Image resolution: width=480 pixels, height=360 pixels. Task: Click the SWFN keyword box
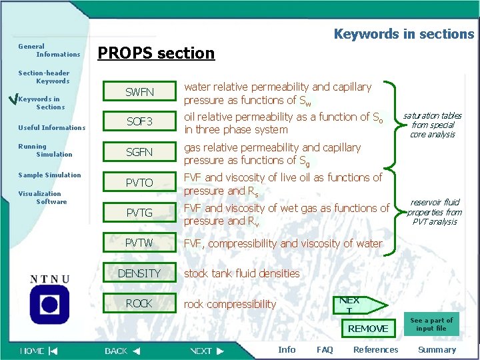[139, 91]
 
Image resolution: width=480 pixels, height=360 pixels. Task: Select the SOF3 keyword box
[139, 121]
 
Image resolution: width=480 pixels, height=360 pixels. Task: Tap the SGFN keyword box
[139, 152]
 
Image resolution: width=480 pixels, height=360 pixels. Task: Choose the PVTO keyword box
[139, 183]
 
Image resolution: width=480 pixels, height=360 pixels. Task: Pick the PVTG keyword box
[139, 213]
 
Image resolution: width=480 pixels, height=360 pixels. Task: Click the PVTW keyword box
[139, 243]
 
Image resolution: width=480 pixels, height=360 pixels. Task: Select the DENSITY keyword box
[139, 273]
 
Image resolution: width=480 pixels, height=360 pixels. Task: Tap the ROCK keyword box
[139, 303]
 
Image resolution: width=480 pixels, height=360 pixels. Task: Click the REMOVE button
[368, 328]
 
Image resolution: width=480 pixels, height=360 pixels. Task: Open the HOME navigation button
[39, 351]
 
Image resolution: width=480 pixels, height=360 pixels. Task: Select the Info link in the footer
[287, 349]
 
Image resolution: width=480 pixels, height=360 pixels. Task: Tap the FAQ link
[325, 349]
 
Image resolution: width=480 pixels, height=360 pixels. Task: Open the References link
[375, 349]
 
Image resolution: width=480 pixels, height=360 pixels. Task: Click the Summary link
[437, 349]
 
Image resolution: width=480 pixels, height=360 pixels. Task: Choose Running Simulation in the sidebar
[45, 150]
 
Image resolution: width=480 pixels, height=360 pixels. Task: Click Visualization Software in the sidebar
[43, 197]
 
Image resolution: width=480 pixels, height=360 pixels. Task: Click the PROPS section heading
[157, 53]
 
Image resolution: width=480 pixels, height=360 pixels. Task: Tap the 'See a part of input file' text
[431, 324]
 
